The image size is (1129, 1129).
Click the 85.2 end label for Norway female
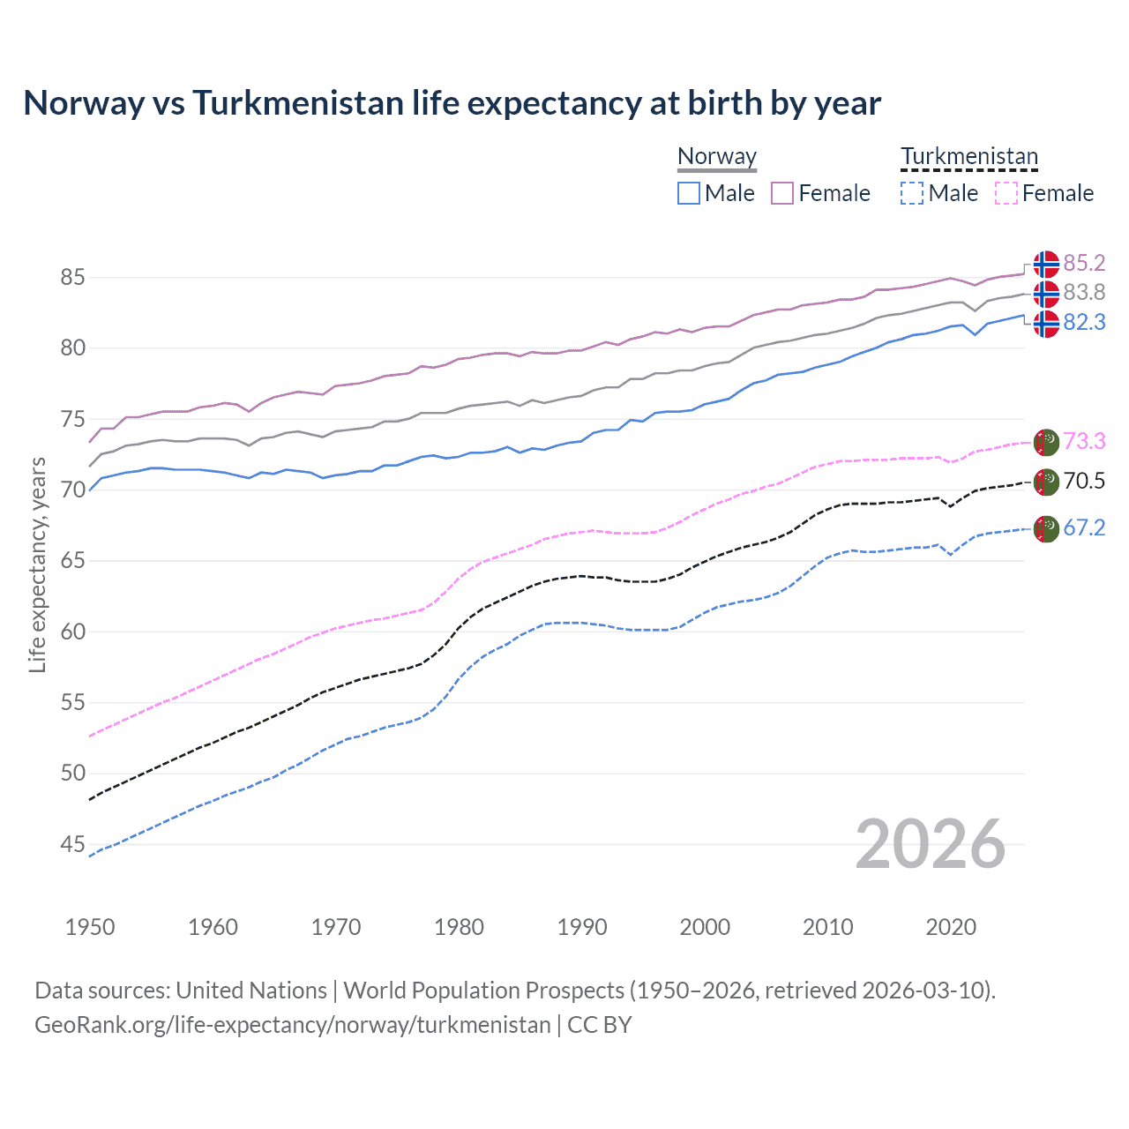click(x=1084, y=263)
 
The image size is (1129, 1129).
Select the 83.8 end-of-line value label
click(x=1084, y=292)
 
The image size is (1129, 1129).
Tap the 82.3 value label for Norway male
click(x=1084, y=323)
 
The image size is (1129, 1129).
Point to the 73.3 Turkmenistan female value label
click(x=1084, y=441)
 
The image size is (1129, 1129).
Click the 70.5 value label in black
click(x=1084, y=481)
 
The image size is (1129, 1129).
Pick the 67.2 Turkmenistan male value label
click(x=1084, y=527)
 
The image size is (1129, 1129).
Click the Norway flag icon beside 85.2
click(x=1046, y=264)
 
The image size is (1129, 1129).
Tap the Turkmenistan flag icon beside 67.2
click(x=1046, y=529)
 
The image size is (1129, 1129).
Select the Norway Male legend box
click(x=689, y=193)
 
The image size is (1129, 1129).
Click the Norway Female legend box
click(x=782, y=193)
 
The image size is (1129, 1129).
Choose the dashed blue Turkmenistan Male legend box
click(x=912, y=193)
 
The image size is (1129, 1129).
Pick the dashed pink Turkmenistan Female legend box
click(x=1006, y=193)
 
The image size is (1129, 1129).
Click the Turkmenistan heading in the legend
click(x=969, y=156)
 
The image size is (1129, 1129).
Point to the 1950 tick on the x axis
click(x=90, y=927)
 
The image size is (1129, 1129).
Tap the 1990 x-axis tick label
click(x=582, y=927)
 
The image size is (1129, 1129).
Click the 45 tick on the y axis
click(x=73, y=845)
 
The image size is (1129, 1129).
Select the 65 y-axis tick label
click(x=73, y=561)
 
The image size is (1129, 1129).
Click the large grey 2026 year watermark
click(x=931, y=844)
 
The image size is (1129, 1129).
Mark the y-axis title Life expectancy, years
click(x=37, y=564)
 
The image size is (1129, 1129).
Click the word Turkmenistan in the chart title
click(x=298, y=103)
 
